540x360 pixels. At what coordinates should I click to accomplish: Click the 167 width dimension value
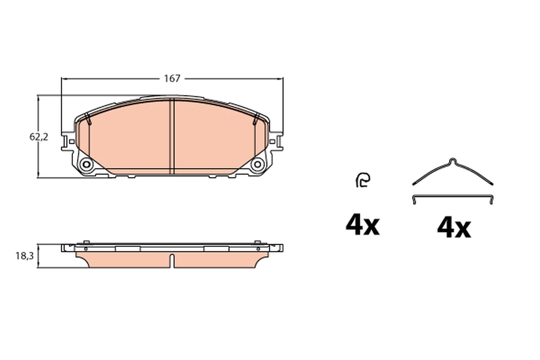(x=172, y=79)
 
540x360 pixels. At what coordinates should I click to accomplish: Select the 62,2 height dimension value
(x=39, y=138)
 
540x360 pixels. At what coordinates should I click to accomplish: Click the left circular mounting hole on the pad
(x=86, y=165)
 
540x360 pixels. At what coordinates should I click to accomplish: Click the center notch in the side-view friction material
(x=172, y=260)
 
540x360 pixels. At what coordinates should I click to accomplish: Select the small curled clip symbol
(x=362, y=180)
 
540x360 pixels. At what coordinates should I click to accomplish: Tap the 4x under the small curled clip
(x=362, y=225)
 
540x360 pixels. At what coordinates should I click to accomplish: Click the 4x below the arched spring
(x=454, y=228)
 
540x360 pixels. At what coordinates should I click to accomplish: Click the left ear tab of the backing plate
(x=67, y=141)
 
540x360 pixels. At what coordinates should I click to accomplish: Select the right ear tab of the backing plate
(x=276, y=141)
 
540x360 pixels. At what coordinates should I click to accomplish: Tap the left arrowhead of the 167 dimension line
(x=63, y=79)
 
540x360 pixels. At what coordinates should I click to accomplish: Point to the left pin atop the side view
(x=85, y=243)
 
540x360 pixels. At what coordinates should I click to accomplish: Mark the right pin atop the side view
(x=257, y=243)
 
